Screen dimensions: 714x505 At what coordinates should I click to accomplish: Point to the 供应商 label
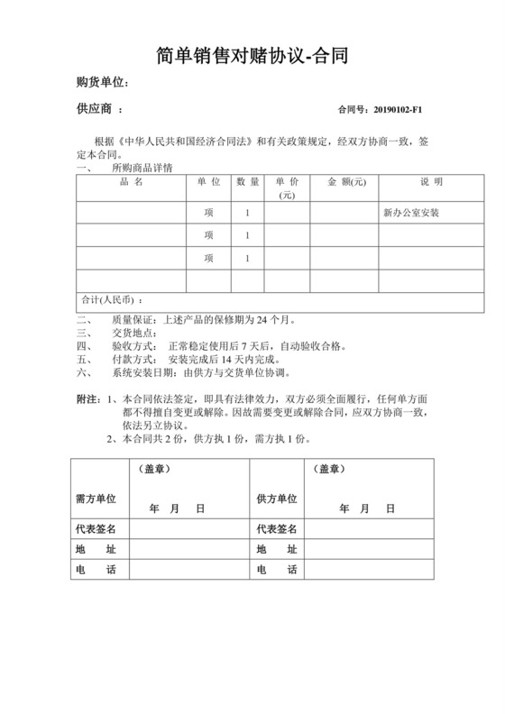pyautogui.click(x=96, y=109)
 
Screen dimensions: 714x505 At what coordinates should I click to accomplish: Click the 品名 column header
pyautogui.click(x=131, y=182)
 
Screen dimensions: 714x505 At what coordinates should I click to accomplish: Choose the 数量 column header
pyautogui.click(x=248, y=182)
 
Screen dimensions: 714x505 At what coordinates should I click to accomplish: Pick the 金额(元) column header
pyautogui.click(x=345, y=182)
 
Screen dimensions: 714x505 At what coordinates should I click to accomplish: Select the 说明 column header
pyautogui.click(x=431, y=182)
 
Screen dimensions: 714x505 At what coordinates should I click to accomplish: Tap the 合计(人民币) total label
pyautogui.click(x=112, y=299)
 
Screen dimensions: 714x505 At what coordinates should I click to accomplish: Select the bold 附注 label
pyautogui.click(x=88, y=398)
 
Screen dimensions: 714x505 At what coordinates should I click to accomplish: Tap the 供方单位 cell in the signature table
pyautogui.click(x=277, y=499)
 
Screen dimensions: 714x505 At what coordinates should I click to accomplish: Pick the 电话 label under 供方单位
pyautogui.click(x=277, y=570)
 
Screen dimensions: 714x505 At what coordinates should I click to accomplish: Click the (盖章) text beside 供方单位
pyautogui.click(x=330, y=470)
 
